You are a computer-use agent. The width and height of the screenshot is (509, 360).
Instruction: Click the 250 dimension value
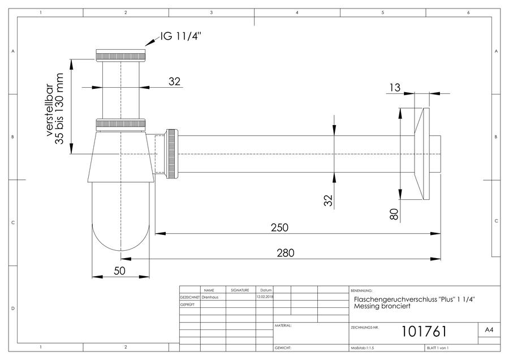pos(279,228)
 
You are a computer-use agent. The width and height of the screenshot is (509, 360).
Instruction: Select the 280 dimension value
pos(286,253)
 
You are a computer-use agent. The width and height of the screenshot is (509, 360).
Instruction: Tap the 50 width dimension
pos(119,271)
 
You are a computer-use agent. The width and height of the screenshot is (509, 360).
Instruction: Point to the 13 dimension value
pos(395,87)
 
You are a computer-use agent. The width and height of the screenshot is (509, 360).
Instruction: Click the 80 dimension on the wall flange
pos(394,215)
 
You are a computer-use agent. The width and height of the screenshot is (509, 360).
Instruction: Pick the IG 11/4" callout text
pos(181,36)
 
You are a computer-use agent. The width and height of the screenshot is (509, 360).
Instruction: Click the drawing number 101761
pos(424,331)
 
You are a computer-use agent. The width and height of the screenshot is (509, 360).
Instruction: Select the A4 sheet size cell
pos(489,330)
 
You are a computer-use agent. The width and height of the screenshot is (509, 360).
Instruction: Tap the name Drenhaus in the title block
pos(210,297)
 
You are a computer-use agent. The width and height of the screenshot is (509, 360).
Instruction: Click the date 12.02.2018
pos(265,297)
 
